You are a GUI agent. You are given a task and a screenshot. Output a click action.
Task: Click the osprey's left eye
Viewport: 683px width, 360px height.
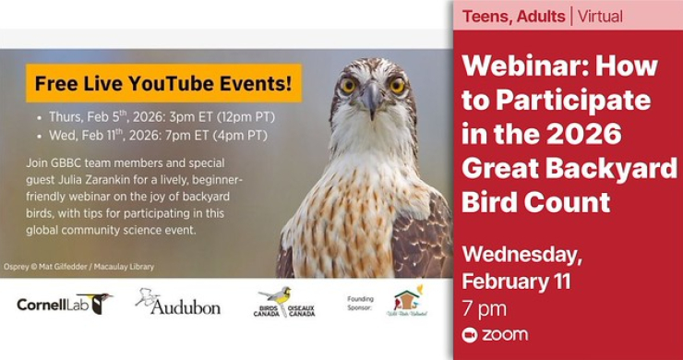click(350, 85)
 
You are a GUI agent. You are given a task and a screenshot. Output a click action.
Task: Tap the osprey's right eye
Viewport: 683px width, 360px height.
click(397, 85)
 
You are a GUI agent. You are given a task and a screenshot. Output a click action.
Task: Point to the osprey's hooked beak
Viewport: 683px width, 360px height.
click(373, 100)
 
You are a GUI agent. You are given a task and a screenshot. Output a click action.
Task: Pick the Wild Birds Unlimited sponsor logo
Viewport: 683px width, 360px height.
click(406, 302)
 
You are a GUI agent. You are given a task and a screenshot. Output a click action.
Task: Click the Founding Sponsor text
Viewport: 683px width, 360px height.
click(360, 303)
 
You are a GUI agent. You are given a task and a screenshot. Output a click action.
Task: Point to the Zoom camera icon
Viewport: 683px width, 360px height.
click(470, 334)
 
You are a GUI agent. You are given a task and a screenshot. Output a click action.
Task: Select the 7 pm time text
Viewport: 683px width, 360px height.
click(483, 307)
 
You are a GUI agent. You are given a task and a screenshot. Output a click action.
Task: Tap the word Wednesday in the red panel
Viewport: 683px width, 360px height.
click(521, 254)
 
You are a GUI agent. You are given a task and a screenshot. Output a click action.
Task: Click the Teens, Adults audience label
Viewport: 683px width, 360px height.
click(514, 16)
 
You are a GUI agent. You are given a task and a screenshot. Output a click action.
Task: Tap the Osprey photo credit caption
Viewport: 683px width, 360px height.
click(78, 266)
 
